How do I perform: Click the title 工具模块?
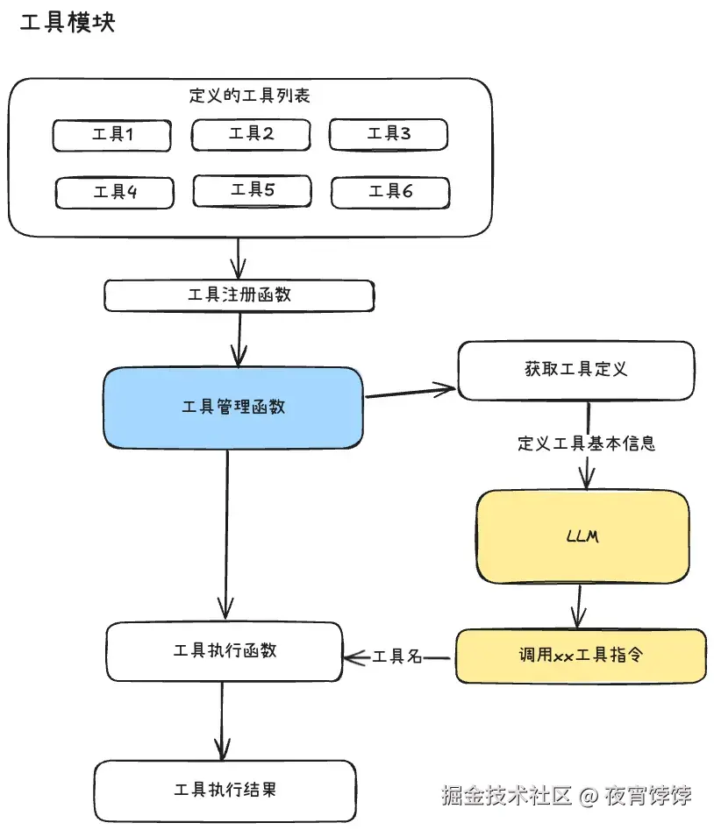[68, 24]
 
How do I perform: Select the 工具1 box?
[112, 135]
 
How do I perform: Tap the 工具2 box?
[251, 134]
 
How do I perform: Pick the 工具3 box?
[389, 134]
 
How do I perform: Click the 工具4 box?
[115, 192]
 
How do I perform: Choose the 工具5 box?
[253, 189]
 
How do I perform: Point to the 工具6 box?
[390, 192]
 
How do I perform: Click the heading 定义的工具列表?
[250, 96]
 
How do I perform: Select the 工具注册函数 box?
[239, 295]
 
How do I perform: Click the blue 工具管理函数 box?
[233, 408]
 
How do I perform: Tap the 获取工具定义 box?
[576, 370]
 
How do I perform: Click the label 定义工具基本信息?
[587, 443]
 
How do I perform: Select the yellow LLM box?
[582, 536]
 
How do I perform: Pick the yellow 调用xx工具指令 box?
[581, 656]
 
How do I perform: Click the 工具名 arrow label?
[398, 656]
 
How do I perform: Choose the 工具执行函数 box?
[225, 651]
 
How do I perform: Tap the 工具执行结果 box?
[225, 790]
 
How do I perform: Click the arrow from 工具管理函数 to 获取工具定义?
[411, 392]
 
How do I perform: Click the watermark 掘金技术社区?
[506, 796]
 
